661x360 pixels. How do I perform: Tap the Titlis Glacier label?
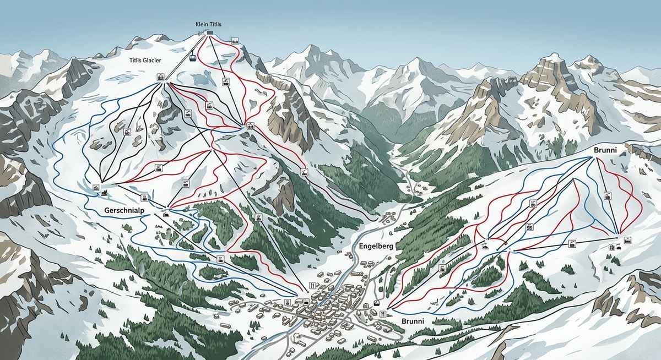tap(145, 61)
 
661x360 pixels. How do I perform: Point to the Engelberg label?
tap(376, 246)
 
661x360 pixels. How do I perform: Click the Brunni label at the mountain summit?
tap(604, 150)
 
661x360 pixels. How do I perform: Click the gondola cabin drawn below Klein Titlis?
tap(193, 57)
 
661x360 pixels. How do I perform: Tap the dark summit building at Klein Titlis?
tap(209, 33)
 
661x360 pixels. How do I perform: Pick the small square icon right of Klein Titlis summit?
tap(235, 41)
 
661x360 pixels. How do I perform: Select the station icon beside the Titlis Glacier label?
tap(161, 77)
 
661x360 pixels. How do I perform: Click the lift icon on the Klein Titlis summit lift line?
tap(225, 82)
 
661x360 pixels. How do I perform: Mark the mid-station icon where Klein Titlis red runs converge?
tap(250, 126)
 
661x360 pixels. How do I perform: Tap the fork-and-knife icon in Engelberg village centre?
tap(313, 285)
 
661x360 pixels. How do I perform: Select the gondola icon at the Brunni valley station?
tap(377, 302)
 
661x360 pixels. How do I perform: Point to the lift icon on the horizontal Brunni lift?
tap(572, 243)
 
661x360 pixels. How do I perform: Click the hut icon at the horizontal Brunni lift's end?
tap(627, 239)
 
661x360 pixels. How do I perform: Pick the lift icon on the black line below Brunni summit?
tap(608, 195)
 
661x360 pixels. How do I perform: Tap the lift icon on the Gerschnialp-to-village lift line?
tap(221, 258)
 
